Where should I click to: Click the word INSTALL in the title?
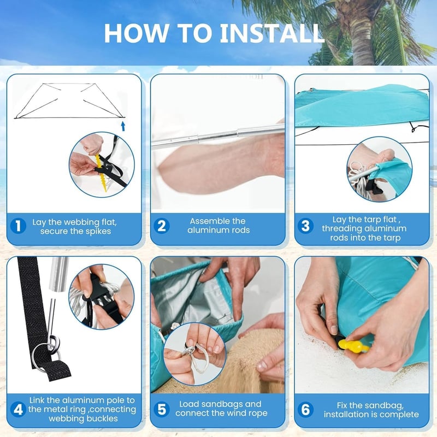tap(271, 33)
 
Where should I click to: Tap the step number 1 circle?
tap(18, 226)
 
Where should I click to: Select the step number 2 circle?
tap(162, 226)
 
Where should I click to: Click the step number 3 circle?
tap(305, 226)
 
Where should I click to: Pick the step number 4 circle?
tap(18, 410)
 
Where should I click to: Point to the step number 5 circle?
tap(162, 410)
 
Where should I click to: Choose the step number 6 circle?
tap(305, 410)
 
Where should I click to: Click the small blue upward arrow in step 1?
tap(123, 126)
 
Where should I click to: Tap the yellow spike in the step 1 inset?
tap(101, 172)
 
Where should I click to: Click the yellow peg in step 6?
tap(352, 346)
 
